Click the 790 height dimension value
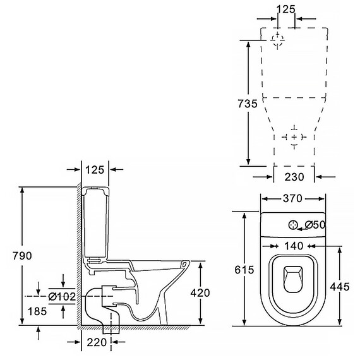click(22, 256)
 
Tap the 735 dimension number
click(248, 104)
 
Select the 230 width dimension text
click(294, 177)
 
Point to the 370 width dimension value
click(292, 198)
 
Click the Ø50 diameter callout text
click(315, 225)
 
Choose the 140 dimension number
click(294, 246)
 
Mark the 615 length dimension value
click(244, 270)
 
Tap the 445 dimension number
click(340, 287)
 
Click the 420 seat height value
click(200, 292)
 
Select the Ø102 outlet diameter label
click(62, 296)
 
